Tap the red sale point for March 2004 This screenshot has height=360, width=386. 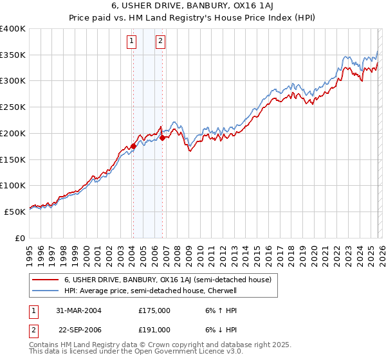(133, 146)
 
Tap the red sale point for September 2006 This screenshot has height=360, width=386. (162, 137)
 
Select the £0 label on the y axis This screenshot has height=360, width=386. (20, 238)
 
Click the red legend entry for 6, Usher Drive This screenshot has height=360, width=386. (167, 280)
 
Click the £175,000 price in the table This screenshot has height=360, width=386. (154, 310)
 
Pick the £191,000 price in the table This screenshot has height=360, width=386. (154, 329)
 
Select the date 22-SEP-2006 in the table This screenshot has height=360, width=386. (80, 329)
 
